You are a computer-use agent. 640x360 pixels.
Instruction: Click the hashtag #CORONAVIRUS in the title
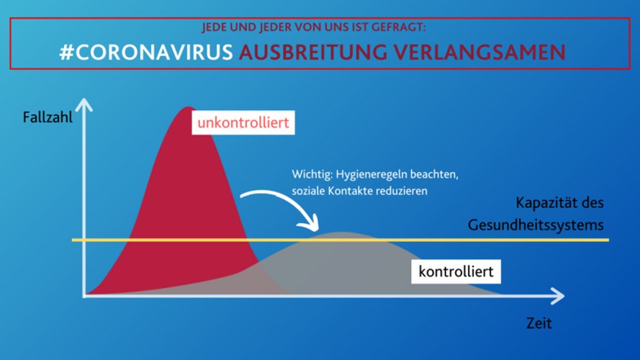click(x=146, y=53)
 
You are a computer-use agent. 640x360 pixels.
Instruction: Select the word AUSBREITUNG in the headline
click(x=313, y=53)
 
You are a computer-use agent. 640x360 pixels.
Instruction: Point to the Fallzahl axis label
click(x=48, y=117)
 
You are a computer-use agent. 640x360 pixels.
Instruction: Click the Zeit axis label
click(x=538, y=323)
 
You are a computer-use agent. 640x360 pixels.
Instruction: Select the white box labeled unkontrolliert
click(x=243, y=122)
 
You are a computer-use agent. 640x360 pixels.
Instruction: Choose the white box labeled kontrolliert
click(x=456, y=271)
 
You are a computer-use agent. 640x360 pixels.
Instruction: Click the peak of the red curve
click(x=188, y=107)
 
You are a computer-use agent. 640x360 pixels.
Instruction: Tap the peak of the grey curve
click(x=342, y=233)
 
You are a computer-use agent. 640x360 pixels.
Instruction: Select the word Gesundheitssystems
click(x=536, y=225)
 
